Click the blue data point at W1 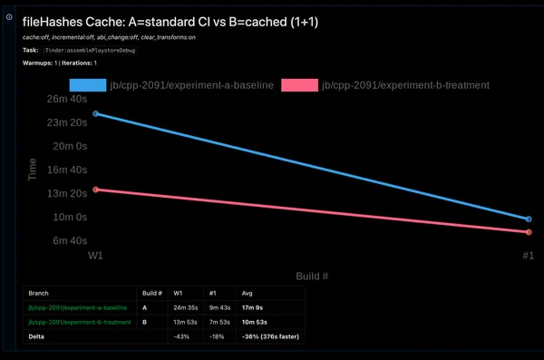click(x=96, y=113)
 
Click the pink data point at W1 click(x=96, y=190)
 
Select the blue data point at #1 click(x=529, y=219)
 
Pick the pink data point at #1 click(x=529, y=232)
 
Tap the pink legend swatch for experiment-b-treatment click(x=299, y=85)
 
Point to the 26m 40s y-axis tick click(x=66, y=99)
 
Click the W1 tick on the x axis click(x=95, y=257)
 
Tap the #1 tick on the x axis click(x=528, y=257)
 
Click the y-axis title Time click(x=33, y=170)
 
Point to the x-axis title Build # click(x=311, y=275)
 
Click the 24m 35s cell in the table click(x=186, y=308)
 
